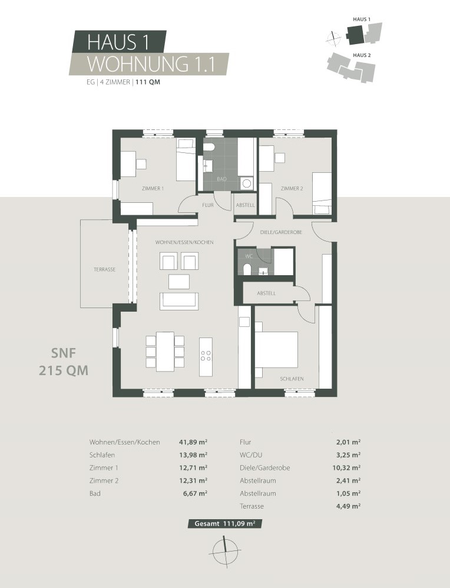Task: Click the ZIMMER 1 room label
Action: [153, 188]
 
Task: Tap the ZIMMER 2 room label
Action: [292, 188]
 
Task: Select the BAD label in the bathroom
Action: [221, 179]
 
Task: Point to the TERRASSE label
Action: [104, 269]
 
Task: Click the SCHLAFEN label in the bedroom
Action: [292, 379]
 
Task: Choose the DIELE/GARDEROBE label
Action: [281, 233]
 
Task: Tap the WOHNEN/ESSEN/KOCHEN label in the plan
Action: [184, 242]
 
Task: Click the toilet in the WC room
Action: [247, 269]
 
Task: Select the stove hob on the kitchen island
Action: [207, 356]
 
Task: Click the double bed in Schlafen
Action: [276, 350]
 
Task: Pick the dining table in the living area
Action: [165, 352]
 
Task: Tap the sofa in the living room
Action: [179, 300]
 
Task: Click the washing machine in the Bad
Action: [247, 183]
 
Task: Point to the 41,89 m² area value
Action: [193, 442]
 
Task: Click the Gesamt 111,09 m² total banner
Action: [225, 523]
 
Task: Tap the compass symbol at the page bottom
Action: [224, 552]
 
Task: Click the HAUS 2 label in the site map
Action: [362, 55]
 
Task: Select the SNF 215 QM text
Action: [64, 362]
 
